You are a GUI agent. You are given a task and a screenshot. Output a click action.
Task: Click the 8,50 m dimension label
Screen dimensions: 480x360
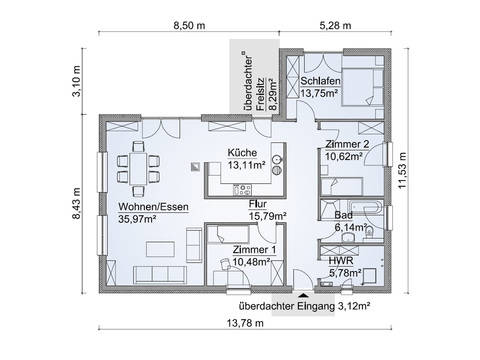coord(189,25)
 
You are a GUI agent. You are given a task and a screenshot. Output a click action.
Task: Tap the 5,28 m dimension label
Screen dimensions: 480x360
coord(335,25)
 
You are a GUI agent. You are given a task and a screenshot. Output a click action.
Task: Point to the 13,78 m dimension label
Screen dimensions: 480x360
coord(245,323)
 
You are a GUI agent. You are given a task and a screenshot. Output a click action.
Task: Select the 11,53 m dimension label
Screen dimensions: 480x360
coord(402,170)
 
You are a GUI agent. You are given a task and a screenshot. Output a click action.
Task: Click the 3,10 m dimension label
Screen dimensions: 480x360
coord(76,81)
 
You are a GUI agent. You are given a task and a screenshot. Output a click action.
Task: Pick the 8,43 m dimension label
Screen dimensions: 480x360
coord(76,203)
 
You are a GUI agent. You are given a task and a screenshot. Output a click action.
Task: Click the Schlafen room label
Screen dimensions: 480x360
coord(320,81)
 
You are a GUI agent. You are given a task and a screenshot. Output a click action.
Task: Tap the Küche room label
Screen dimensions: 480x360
coord(242,153)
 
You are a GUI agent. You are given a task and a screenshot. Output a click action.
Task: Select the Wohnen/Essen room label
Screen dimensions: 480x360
coord(153,207)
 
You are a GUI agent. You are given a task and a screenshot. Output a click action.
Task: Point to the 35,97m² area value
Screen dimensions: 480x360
coord(137,219)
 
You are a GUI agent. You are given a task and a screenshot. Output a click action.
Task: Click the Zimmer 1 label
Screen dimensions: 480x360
coord(254,249)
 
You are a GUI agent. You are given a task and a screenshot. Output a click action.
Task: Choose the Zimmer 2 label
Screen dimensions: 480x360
coord(347,144)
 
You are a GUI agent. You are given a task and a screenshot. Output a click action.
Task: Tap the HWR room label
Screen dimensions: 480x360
coord(341,261)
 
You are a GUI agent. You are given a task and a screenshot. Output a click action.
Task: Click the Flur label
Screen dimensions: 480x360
coord(258,204)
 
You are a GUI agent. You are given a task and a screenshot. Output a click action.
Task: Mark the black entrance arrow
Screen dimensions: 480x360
coord(303,295)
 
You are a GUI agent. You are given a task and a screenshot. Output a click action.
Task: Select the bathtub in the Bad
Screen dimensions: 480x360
coord(364,207)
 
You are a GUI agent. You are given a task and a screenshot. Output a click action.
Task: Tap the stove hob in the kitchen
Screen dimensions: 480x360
coord(242,190)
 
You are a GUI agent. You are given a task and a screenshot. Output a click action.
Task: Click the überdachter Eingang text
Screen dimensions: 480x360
coord(286,306)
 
